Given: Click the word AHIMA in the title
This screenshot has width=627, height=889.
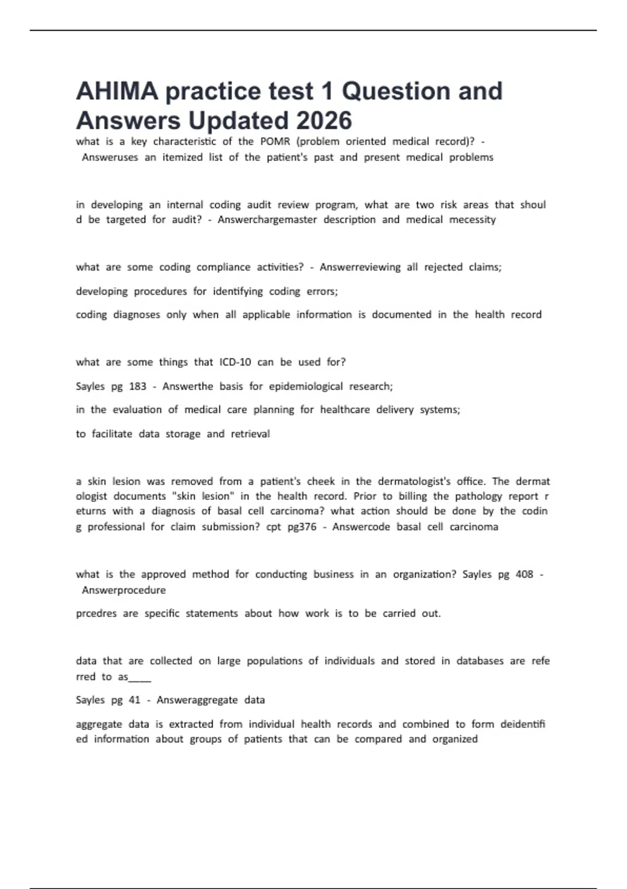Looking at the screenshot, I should tap(117, 92).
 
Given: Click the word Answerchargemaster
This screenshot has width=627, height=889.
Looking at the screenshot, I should tap(267, 220).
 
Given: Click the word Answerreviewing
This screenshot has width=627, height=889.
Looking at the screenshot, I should tap(360, 267).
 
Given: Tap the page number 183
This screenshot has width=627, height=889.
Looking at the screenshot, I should tap(137, 386).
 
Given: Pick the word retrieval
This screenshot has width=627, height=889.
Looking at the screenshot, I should tap(250, 434).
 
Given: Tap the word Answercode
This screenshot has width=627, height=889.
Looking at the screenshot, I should tap(361, 527).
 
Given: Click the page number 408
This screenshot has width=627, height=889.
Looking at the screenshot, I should tap(524, 574).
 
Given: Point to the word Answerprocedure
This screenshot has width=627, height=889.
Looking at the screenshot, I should tap(124, 590).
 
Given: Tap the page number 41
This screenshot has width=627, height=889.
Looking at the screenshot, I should tap(134, 700).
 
